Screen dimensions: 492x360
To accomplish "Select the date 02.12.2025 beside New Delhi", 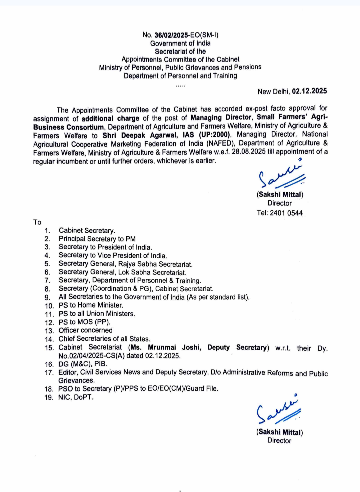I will click(309, 91).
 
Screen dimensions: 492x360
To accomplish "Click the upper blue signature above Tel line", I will click(281, 175).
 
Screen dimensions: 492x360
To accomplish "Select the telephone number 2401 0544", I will click(286, 213).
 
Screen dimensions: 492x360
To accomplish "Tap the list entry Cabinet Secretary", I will click(87, 231).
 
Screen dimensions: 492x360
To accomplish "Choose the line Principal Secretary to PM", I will click(97, 239).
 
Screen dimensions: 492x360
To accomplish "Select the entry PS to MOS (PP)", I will click(84, 322).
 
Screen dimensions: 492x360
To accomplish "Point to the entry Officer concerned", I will click(86, 330).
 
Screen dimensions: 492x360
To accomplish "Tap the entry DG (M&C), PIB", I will click(83, 364).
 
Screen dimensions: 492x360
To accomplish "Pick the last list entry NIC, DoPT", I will click(76, 397).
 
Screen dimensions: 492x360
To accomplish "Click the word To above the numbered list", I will click(37, 222).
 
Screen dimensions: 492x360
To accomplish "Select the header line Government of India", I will click(180, 43).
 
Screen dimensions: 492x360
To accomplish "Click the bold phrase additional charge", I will click(110, 119).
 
